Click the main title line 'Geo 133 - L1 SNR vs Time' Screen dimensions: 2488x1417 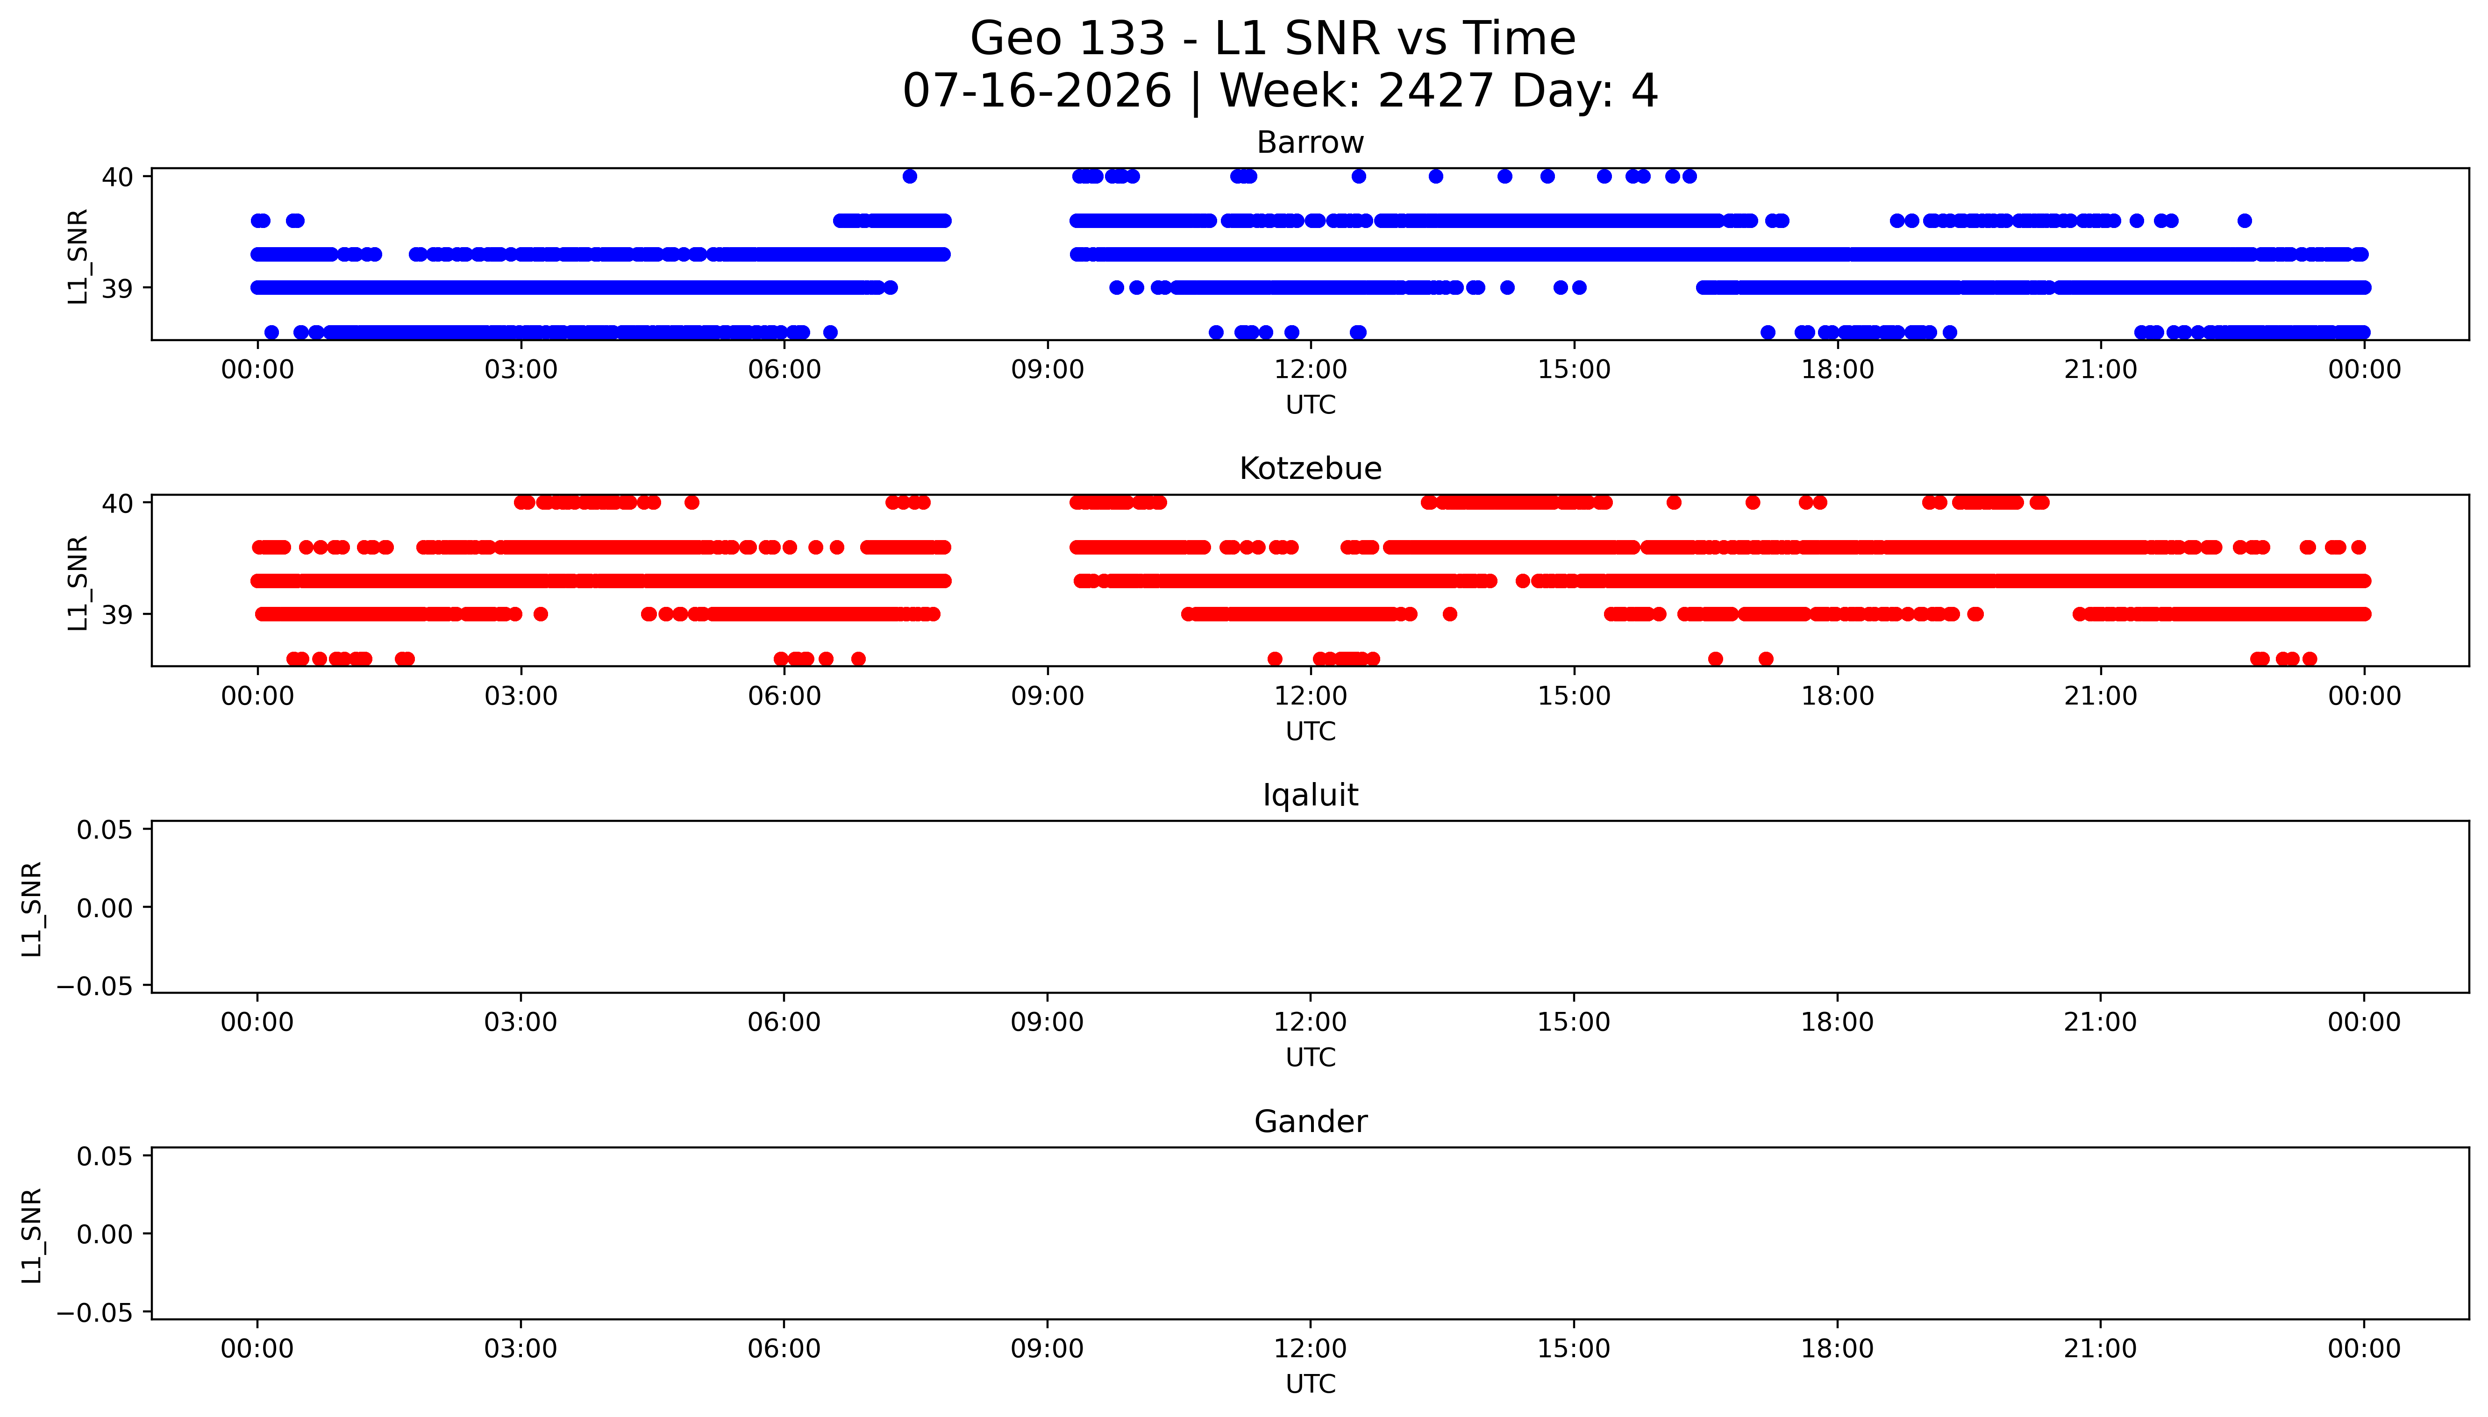(1273, 39)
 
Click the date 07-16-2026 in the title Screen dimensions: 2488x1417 (1037, 92)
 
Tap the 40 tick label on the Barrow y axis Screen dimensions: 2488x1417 (118, 177)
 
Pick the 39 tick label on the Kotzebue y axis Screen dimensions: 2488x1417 (118, 615)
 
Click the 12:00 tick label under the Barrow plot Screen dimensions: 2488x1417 (1311, 370)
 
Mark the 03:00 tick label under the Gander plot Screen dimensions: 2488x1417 (520, 1349)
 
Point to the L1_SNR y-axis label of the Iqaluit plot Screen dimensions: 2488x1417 (32, 908)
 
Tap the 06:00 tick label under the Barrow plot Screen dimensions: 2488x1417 (784, 370)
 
